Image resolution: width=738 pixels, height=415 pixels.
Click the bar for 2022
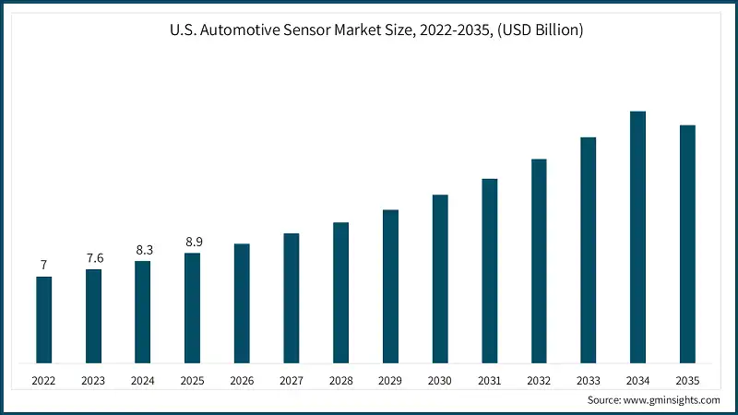pos(43,319)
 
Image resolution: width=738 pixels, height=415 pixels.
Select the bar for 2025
pos(193,307)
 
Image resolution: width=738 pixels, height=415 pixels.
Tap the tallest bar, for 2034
pos(637,237)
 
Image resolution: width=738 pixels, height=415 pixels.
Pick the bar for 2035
pos(687,243)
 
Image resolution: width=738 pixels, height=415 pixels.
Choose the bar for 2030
pos(440,279)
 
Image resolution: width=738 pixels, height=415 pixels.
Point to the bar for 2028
pos(341,292)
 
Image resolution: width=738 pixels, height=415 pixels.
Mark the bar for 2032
pos(539,260)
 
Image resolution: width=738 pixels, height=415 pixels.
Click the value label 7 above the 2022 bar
pos(43,266)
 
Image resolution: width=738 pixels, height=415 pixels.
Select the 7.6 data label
pos(93,257)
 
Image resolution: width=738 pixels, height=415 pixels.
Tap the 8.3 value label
pos(143,249)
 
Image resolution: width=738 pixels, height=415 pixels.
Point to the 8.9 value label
pos(193,242)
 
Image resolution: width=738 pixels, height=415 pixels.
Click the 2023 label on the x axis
pos(93,380)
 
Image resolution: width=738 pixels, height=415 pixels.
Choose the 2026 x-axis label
pos(242,380)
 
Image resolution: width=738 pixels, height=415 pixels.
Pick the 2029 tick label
pos(390,380)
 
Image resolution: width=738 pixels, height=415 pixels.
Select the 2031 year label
pos(489,380)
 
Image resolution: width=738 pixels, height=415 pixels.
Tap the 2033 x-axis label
pos(589,380)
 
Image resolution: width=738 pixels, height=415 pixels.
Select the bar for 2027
pos(292,298)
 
